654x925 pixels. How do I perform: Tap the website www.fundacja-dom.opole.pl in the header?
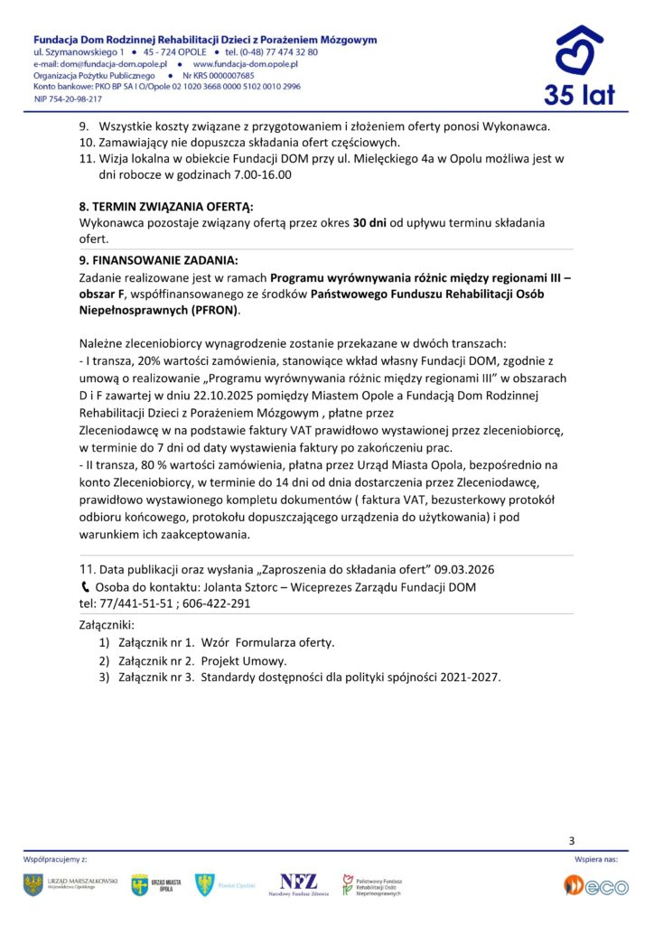[x=246, y=65]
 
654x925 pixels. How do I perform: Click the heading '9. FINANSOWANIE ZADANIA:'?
[x=159, y=258]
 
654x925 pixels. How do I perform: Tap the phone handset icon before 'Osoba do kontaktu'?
[x=85, y=587]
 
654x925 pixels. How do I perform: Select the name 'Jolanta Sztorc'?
[x=235, y=587]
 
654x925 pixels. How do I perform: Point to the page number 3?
[x=572, y=841]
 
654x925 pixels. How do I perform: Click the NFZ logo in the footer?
[x=298, y=884]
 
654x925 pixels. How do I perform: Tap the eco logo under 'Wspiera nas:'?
[x=596, y=886]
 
